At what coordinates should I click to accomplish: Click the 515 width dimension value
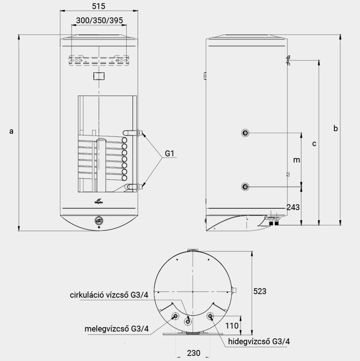pyautogui.click(x=99, y=6)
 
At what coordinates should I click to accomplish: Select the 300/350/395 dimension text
pyautogui.click(x=99, y=20)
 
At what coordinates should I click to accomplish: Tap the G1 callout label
pyautogui.click(x=169, y=153)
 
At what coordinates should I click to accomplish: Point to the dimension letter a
pyautogui.click(x=11, y=131)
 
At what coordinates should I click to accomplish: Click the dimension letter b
pyautogui.click(x=336, y=128)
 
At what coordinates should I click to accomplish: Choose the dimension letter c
pyautogui.click(x=314, y=144)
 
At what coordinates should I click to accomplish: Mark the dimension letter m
pyautogui.click(x=297, y=160)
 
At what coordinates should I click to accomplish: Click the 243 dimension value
pyautogui.click(x=293, y=208)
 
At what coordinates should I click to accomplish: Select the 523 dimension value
pyautogui.click(x=260, y=291)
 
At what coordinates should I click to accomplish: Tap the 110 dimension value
pyautogui.click(x=232, y=326)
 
